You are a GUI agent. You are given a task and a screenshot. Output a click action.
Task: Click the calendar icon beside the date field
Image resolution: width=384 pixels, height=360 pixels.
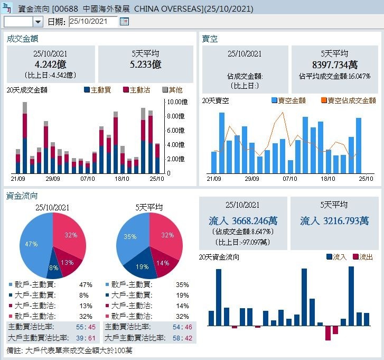tap(124, 22)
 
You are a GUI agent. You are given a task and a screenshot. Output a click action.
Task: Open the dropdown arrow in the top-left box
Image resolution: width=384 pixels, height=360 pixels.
tap(38, 22)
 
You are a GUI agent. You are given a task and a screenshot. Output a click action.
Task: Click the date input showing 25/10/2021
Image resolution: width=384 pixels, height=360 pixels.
tap(93, 22)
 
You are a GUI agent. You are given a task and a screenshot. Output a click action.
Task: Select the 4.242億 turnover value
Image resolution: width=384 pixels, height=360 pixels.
tap(50, 64)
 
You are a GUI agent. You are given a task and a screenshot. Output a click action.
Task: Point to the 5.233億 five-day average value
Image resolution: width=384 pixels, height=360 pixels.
tap(145, 64)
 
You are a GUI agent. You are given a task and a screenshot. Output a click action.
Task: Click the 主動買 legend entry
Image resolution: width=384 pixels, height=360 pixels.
tap(97, 90)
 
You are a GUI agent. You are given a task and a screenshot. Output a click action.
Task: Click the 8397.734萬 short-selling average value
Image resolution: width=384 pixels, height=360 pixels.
tap(334, 64)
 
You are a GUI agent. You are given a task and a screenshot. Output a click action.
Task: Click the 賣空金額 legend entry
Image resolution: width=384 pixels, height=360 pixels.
tap(288, 100)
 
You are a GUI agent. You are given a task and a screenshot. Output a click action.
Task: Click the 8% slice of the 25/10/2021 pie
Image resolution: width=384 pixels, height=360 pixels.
tap(53, 267)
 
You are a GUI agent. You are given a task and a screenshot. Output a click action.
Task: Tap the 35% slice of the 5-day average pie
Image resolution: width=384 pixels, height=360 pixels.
tap(130, 237)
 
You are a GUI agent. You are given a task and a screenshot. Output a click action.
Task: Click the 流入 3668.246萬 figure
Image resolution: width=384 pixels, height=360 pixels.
tap(243, 221)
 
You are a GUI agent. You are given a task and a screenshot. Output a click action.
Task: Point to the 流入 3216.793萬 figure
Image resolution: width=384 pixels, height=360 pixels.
tap(334, 221)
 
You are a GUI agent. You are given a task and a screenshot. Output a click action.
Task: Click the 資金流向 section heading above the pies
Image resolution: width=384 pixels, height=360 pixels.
tap(22, 196)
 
